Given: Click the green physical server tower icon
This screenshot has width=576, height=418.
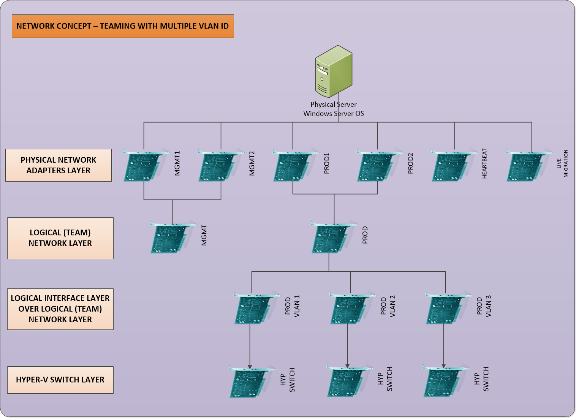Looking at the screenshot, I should point(333,71).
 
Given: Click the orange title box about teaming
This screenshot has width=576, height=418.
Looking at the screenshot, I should point(123,26).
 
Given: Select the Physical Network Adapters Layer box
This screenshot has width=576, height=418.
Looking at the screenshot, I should point(59,165).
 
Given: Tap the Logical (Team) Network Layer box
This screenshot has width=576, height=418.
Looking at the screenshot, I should point(60,238).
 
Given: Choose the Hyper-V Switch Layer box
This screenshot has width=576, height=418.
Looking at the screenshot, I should point(60,380).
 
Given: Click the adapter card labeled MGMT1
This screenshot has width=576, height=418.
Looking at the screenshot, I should point(144,166).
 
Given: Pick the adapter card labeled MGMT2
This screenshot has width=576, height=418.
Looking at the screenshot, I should point(218,166).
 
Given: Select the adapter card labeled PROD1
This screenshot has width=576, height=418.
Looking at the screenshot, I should point(293,166).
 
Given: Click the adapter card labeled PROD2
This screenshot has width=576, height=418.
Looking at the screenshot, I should point(377,166).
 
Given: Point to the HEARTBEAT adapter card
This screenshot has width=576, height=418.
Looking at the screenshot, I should point(452,166).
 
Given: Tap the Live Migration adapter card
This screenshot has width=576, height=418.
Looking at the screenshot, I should point(527,166).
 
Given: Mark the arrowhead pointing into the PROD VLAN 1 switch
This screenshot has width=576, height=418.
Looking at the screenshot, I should point(250,366).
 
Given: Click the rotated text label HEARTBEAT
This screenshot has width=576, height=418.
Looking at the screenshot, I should point(484,163).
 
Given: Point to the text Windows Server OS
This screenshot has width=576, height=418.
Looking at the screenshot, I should point(333,114).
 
